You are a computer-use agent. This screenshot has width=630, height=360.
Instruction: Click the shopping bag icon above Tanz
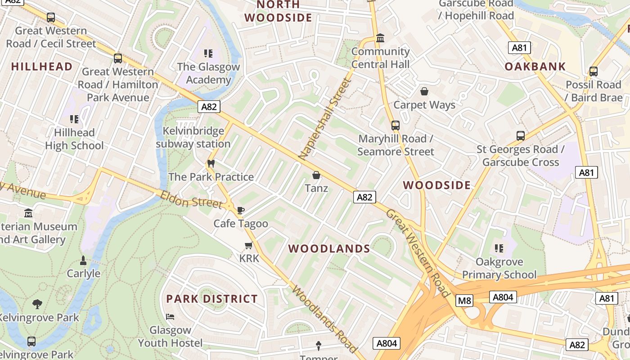coord(316,175)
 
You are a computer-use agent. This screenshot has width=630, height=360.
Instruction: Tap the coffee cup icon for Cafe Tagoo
coord(241,210)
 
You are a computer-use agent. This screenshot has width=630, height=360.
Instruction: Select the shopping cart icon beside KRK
coord(248,245)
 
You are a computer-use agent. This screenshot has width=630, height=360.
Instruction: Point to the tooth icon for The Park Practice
coord(211,164)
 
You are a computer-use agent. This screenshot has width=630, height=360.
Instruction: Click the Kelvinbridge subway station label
coord(193,138)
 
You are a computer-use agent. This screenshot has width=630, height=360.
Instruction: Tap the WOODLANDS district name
coord(329,249)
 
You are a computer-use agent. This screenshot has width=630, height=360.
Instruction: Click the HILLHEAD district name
coord(42,67)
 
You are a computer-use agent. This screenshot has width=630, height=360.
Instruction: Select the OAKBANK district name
coord(535,67)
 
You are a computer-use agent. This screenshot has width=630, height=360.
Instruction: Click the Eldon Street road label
coord(192,199)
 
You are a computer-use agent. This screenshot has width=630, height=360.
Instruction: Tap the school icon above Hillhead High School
coord(74,119)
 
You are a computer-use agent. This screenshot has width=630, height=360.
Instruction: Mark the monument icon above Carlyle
coord(83,261)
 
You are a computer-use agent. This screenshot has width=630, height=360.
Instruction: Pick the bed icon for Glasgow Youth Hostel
coord(170,317)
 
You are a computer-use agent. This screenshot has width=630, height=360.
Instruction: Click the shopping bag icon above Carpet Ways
coord(424,92)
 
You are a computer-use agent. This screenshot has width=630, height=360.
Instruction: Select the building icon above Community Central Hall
coord(380,38)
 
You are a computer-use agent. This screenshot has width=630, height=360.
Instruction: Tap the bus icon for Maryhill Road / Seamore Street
coord(396,126)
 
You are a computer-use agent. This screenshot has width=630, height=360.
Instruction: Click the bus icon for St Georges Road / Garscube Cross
coord(520,136)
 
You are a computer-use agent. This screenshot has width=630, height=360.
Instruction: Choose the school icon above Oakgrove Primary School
coord(499,248)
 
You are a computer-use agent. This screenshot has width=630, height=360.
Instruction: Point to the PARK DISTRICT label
coord(212,299)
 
